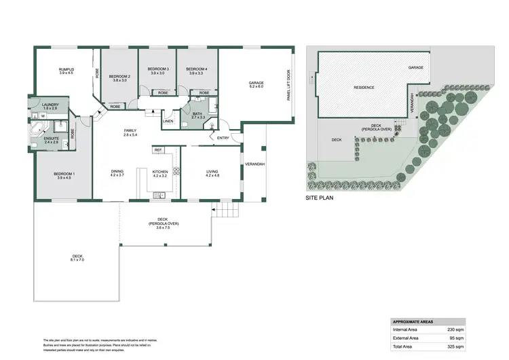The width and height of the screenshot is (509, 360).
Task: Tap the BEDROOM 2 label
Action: point(120,77)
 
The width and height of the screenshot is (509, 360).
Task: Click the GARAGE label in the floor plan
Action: point(256,84)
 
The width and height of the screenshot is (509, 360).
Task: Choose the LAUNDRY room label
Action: point(51,105)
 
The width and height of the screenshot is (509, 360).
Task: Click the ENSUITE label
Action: point(52,139)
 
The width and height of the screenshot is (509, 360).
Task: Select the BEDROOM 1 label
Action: point(64,175)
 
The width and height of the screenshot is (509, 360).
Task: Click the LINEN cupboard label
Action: point(168,122)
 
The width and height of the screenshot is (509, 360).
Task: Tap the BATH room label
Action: point(197,115)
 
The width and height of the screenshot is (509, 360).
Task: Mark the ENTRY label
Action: point(223,139)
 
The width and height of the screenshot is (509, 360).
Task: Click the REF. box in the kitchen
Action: point(157,150)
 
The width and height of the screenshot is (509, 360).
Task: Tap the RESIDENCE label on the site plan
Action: point(364,88)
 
